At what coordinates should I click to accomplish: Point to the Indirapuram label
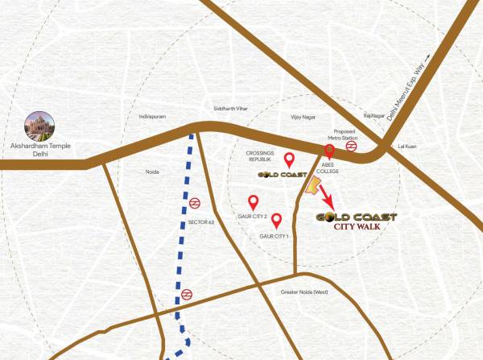(x=151, y=117)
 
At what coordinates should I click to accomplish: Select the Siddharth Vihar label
(x=229, y=108)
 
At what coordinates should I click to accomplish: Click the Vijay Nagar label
(x=305, y=118)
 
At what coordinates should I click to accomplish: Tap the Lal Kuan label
(x=407, y=147)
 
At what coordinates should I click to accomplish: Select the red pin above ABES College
(x=328, y=151)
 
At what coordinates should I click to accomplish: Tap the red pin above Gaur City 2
(x=253, y=202)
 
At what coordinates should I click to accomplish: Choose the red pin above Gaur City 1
(x=276, y=220)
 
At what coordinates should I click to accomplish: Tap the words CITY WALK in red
(x=357, y=226)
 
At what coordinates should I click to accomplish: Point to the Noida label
(x=151, y=172)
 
